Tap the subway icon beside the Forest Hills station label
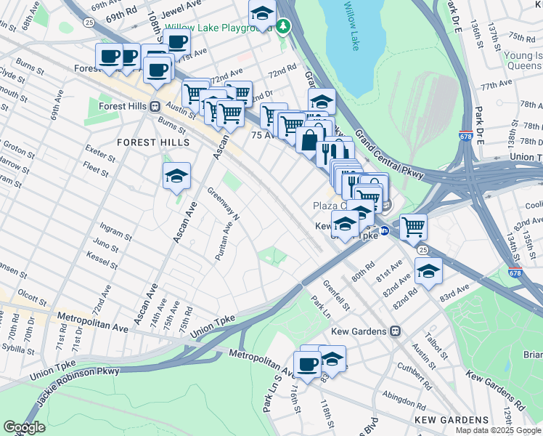[x=154, y=106]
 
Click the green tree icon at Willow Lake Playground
[x=284, y=27]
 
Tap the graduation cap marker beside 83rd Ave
[x=428, y=272]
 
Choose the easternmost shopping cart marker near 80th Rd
[x=413, y=227]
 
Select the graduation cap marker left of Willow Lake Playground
[x=262, y=13]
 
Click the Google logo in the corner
[x=24, y=427]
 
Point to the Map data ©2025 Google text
[x=498, y=430]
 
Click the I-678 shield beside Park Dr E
[x=465, y=136]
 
